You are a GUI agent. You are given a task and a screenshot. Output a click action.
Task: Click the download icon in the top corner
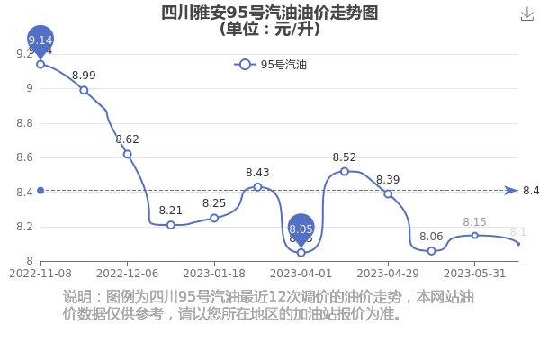pyautogui.click(x=526, y=14)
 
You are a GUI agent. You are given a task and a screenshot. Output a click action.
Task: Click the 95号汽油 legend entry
pyautogui.click(x=270, y=65)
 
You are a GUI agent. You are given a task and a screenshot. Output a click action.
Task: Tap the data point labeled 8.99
pyautogui.click(x=84, y=90)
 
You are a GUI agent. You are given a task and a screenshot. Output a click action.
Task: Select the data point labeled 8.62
pyautogui.click(x=128, y=154)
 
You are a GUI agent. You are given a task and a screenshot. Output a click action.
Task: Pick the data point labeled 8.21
pyautogui.click(x=171, y=225)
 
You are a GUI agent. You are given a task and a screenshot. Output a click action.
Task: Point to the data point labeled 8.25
pyautogui.click(x=214, y=218)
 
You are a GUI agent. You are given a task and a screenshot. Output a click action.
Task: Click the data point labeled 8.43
pyautogui.click(x=257, y=187)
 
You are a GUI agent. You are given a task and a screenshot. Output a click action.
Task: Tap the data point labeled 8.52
pyautogui.click(x=345, y=171)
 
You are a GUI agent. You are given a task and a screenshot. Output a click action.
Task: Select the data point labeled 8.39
pyautogui.click(x=388, y=194)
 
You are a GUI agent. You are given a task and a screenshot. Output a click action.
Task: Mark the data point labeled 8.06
pyautogui.click(x=431, y=251)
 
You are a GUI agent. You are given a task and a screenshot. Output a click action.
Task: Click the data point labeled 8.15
pyautogui.click(x=475, y=236)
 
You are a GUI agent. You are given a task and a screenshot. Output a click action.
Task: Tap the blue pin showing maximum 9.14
pyautogui.click(x=40, y=40)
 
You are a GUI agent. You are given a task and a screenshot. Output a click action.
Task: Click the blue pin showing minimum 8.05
pyautogui.click(x=301, y=229)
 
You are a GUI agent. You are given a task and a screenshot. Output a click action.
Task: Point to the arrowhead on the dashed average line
pyautogui.click(x=511, y=191)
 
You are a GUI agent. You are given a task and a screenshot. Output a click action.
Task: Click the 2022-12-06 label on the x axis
pyautogui.click(x=128, y=274)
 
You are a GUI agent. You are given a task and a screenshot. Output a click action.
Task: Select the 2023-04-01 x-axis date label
pyautogui.click(x=301, y=274)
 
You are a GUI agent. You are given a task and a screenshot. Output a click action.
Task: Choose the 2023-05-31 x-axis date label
pyautogui.click(x=474, y=274)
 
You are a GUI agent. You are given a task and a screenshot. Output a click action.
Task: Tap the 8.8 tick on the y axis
pyautogui.click(x=25, y=123)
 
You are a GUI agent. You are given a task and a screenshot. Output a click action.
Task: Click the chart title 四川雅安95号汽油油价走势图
pyautogui.click(x=270, y=13)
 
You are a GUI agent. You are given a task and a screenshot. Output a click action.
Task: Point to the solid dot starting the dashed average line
pyautogui.click(x=40, y=191)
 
